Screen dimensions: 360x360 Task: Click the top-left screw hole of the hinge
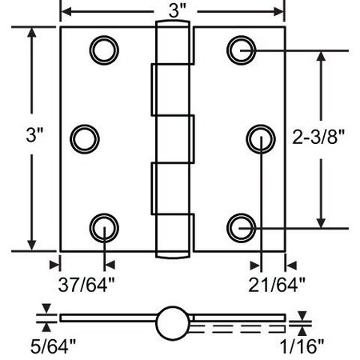pos(103,50)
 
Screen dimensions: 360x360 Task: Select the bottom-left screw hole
pos(103,227)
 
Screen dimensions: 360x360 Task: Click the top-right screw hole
pos(240,50)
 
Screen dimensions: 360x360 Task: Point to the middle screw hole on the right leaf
pos(260,138)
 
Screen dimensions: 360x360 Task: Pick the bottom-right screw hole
pos(240,227)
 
